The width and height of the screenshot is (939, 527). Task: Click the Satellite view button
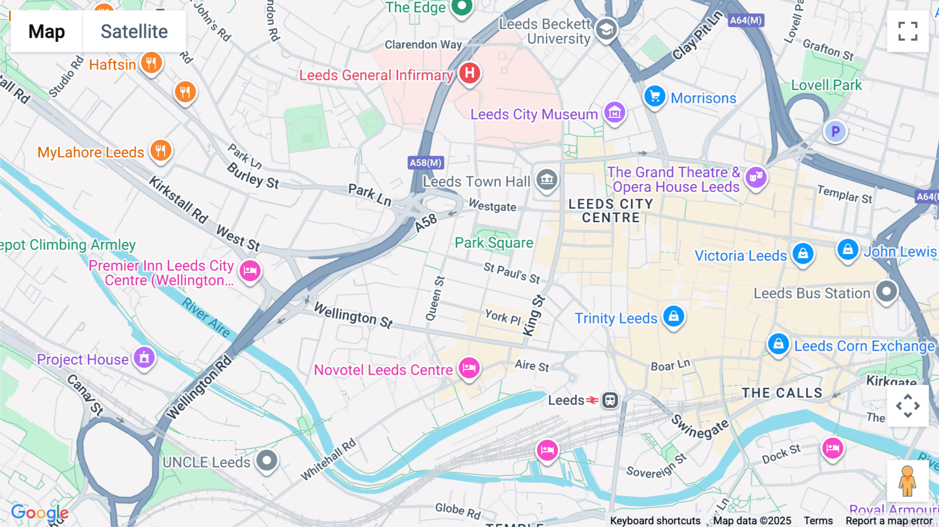(134, 32)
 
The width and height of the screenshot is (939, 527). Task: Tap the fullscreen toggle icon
(908, 31)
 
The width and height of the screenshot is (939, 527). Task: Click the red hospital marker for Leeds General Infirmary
(469, 73)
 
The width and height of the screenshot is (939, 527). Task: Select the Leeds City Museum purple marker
(615, 112)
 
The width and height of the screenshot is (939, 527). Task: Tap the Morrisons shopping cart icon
(654, 97)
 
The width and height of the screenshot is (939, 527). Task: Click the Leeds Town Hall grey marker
(546, 180)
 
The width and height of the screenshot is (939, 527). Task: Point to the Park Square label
(493, 243)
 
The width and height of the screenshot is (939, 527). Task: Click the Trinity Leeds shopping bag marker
(673, 316)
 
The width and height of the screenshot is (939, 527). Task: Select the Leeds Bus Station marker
(886, 292)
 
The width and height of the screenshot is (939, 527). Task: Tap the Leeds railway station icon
(610, 400)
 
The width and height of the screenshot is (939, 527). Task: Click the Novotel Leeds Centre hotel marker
(469, 368)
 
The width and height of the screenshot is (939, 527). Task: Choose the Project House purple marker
(144, 358)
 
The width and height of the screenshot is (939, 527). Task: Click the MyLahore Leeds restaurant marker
(161, 151)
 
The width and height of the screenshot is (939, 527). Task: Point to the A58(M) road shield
(426, 163)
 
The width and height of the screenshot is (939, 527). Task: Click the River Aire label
(206, 317)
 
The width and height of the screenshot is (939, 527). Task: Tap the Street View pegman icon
(907, 481)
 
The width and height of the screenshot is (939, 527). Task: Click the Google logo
(40, 513)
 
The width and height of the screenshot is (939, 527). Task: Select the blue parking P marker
(835, 131)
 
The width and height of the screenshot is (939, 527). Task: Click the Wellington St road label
(353, 316)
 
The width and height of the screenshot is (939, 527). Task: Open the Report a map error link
(889, 521)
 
